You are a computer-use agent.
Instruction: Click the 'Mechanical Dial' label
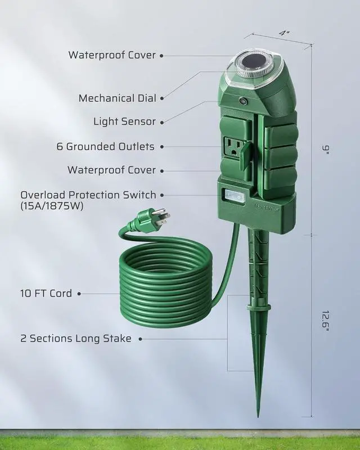[x=118, y=98]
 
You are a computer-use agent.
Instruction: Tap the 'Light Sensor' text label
[x=124, y=121]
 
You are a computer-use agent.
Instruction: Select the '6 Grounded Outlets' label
[x=105, y=147]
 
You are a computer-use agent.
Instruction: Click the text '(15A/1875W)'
[x=52, y=206]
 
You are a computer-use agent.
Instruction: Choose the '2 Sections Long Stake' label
[x=76, y=339]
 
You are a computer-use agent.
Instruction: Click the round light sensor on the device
[x=243, y=102]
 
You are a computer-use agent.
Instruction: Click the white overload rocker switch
[x=232, y=195]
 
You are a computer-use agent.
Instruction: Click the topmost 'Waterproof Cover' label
[x=112, y=55]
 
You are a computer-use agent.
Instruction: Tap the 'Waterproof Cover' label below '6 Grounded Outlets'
[x=111, y=170]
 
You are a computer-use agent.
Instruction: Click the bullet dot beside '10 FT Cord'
[x=79, y=294]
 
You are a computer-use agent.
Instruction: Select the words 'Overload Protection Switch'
[x=88, y=195]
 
